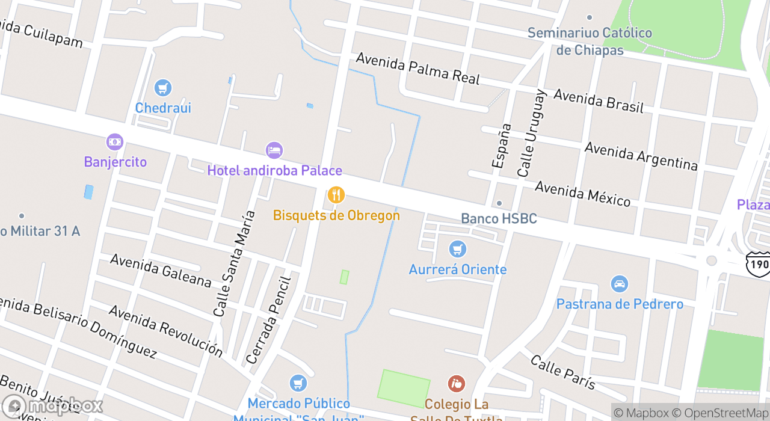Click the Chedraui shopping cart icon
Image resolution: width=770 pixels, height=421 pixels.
pyautogui.click(x=162, y=88)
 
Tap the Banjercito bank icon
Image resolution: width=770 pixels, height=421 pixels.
pyautogui.click(x=115, y=142)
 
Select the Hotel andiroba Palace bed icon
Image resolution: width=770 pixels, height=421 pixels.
pyautogui.click(x=274, y=150)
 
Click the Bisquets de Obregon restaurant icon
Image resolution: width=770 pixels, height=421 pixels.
pyautogui.click(x=336, y=195)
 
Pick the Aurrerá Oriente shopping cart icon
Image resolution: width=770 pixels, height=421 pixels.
pyautogui.click(x=458, y=248)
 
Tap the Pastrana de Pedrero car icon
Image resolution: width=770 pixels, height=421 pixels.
pyautogui.click(x=619, y=284)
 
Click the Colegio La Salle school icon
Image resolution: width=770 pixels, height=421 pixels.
pyautogui.click(x=457, y=383)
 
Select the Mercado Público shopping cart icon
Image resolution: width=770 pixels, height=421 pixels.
pyautogui.click(x=298, y=383)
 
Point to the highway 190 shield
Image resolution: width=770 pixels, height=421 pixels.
pyautogui.click(x=757, y=264)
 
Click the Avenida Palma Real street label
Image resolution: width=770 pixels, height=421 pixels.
pyautogui.click(x=418, y=68)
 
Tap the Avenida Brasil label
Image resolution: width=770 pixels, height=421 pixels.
pyautogui.click(x=598, y=101)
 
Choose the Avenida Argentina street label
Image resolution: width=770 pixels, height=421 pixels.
pyautogui.click(x=641, y=156)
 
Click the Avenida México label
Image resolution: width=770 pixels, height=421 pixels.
pyautogui.click(x=582, y=193)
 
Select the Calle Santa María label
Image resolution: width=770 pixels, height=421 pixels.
pyautogui.click(x=230, y=263)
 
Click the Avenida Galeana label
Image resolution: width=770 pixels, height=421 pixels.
pyautogui.click(x=161, y=270)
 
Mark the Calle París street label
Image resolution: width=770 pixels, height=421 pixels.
pyautogui.click(x=562, y=372)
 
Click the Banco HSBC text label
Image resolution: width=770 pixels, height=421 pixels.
pyautogui.click(x=499, y=218)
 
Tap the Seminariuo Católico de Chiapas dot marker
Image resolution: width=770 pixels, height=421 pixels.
pyautogui.click(x=590, y=17)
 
